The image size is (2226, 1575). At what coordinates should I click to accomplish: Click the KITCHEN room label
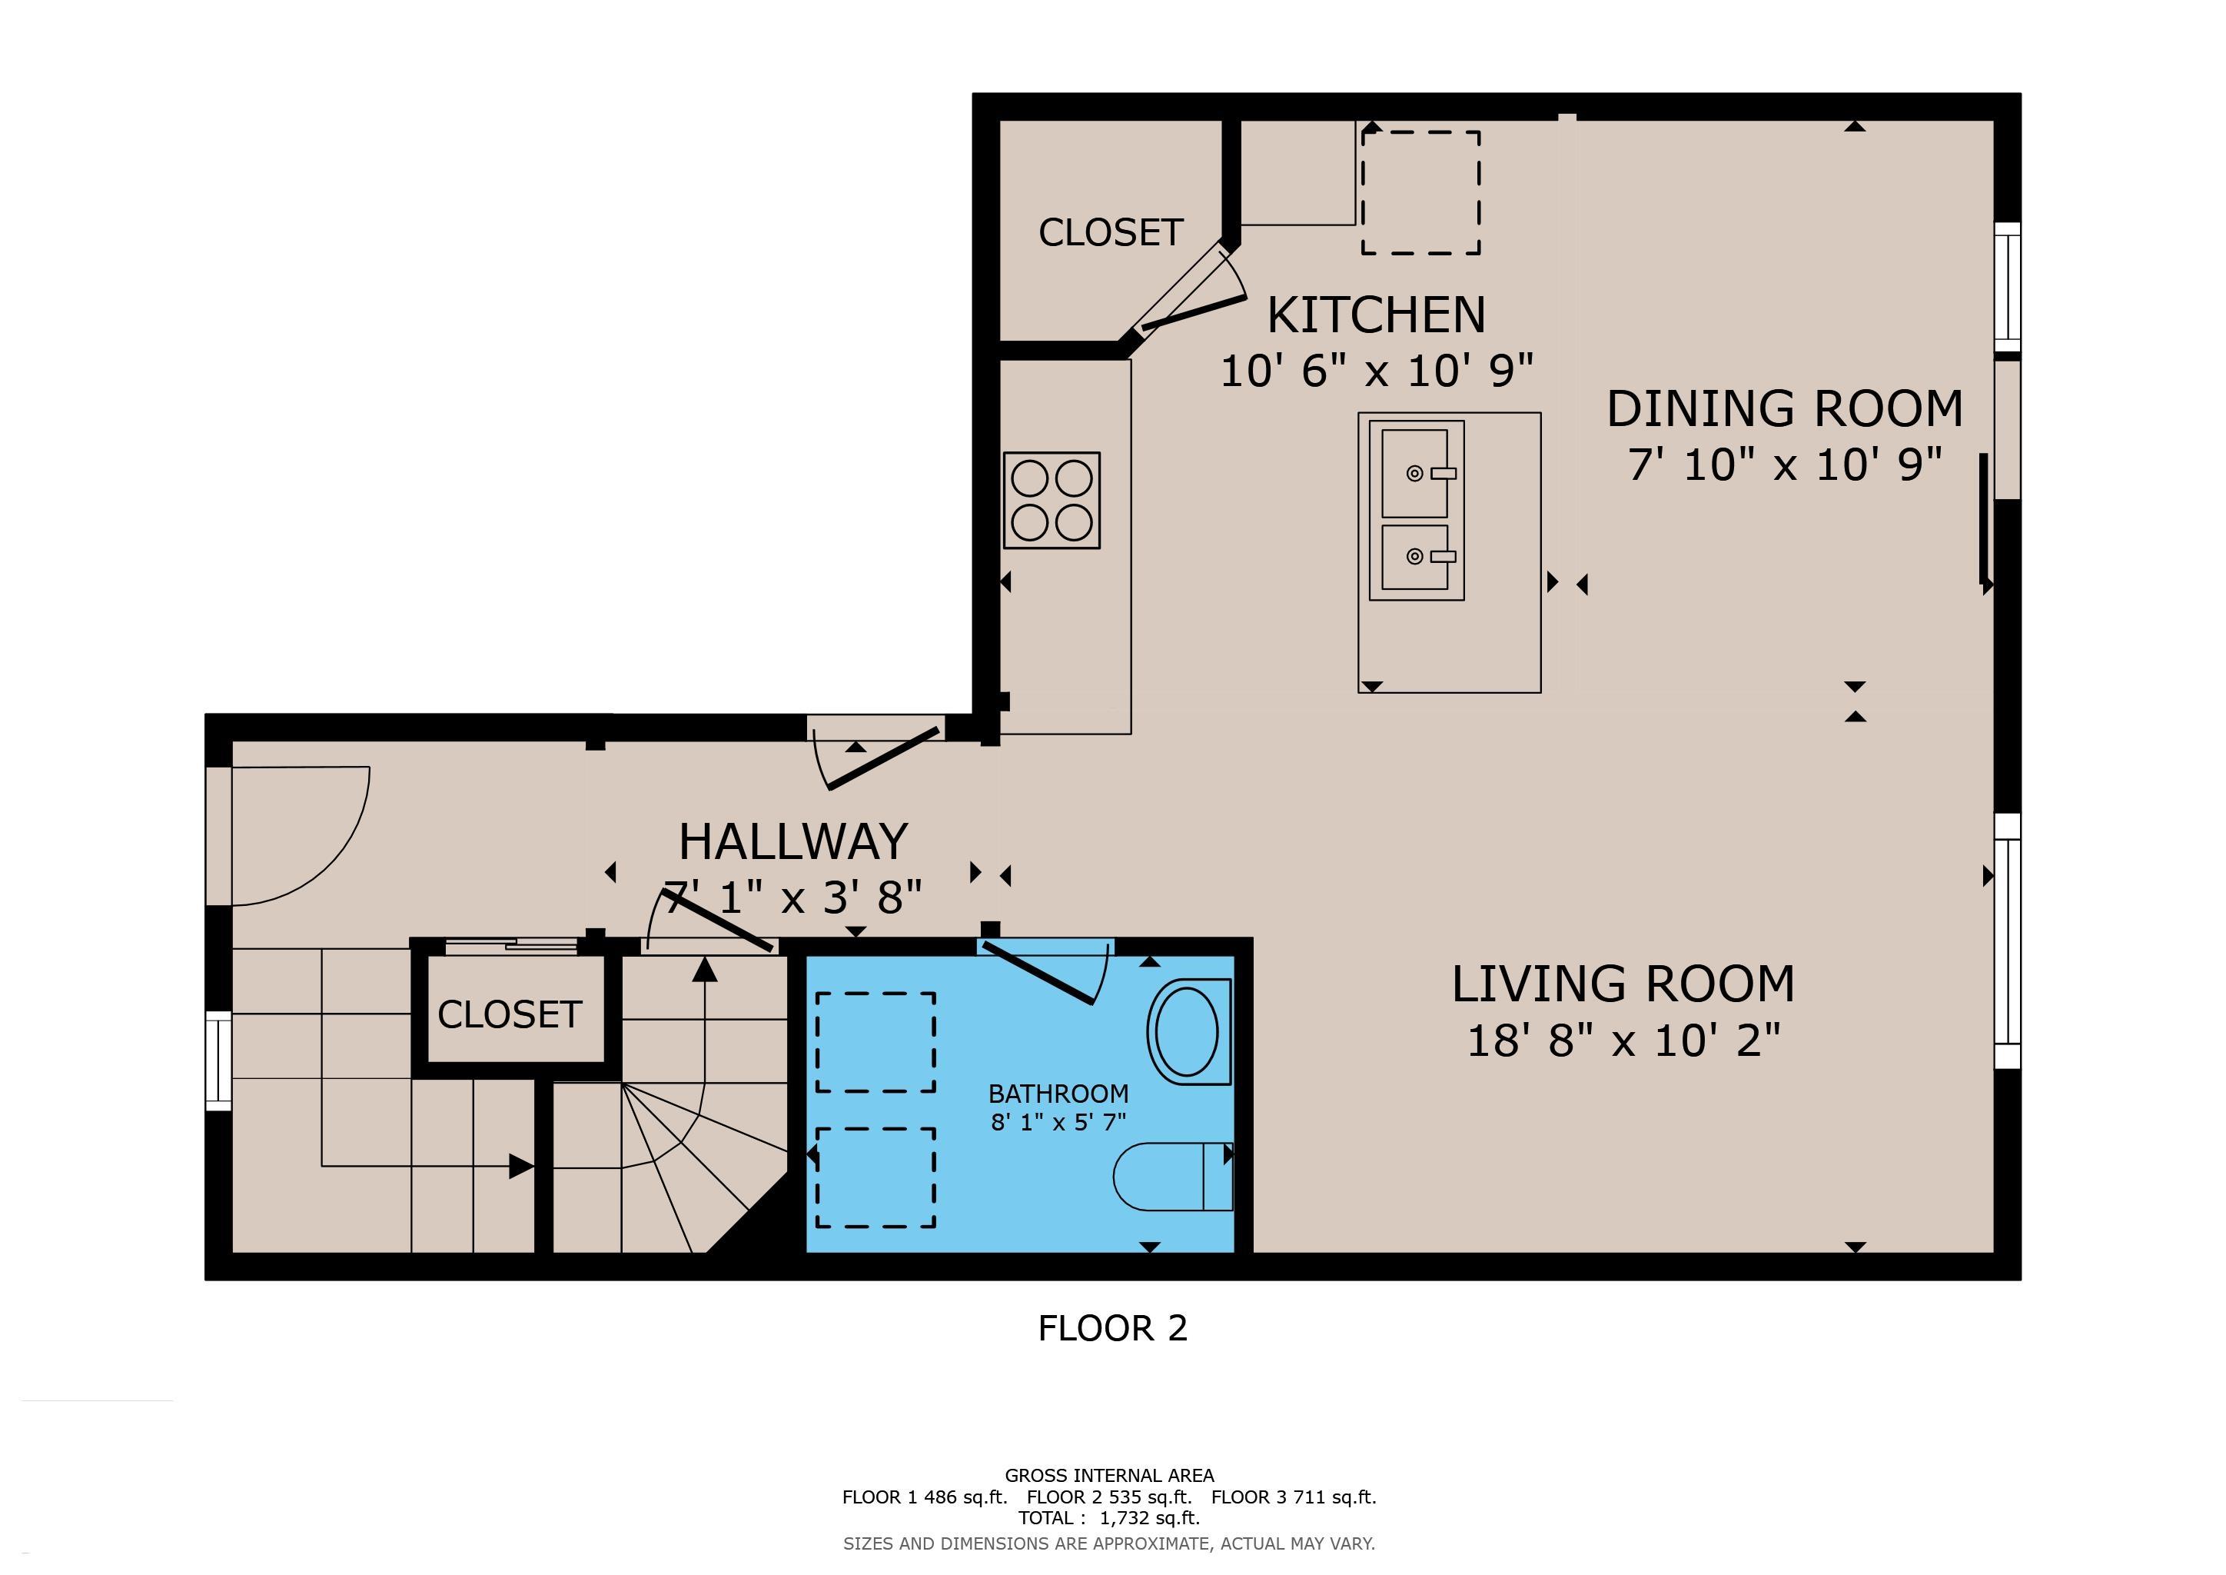pos(1376,315)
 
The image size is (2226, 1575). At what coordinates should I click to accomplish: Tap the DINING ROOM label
pos(1785,408)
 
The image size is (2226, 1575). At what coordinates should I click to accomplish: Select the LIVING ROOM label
pos(1623,984)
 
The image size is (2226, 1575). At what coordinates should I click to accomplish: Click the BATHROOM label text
pos(1058,1094)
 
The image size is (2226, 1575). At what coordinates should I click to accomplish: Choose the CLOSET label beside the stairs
pos(509,1014)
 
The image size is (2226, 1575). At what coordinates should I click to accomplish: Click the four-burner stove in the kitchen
pos(1052,501)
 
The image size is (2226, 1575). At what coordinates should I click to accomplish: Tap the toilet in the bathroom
pos(1173,1177)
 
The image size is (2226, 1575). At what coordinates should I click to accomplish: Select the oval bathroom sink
pos(1184,1032)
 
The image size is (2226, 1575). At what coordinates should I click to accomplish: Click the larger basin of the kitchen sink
pos(1416,473)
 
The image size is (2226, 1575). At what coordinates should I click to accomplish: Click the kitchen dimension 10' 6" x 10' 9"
pos(1377,371)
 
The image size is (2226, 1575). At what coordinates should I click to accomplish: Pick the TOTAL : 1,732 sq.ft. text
pos(1109,1518)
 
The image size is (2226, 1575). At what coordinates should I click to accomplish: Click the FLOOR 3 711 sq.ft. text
pos(1294,1497)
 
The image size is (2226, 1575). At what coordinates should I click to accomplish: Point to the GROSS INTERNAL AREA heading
pos(1109,1475)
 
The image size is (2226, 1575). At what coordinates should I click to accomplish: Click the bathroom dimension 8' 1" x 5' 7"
pos(1058,1122)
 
